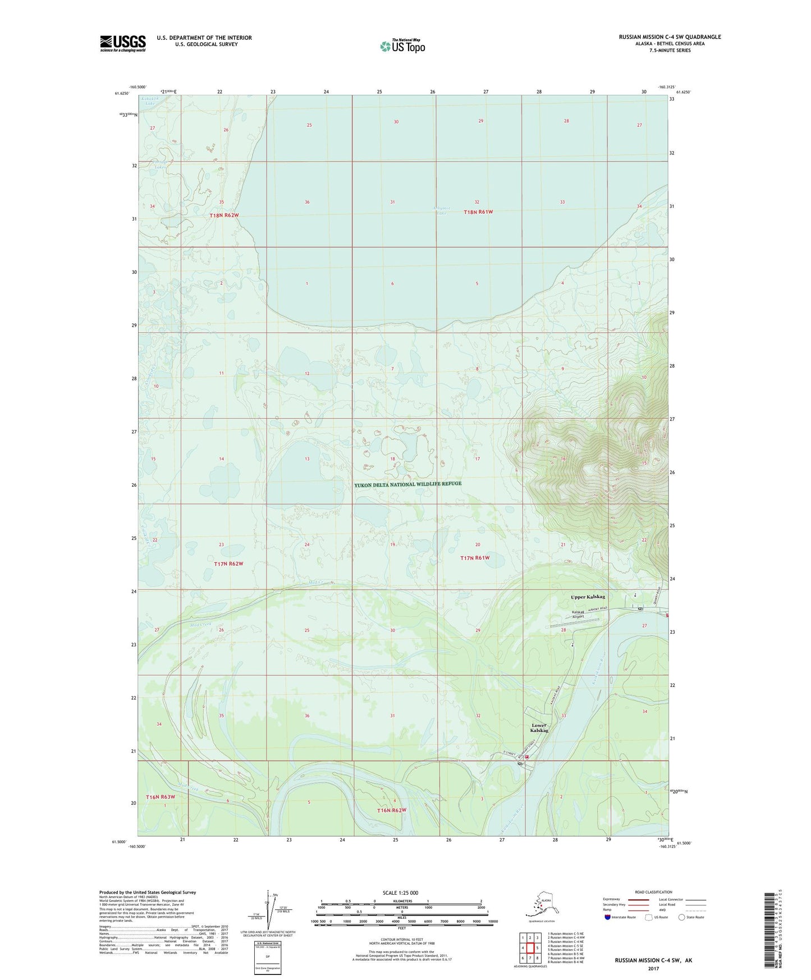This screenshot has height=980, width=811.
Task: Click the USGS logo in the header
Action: pos(122,43)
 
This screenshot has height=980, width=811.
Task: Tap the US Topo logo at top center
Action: pos(402,45)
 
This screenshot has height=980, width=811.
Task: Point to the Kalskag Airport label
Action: pos(578,614)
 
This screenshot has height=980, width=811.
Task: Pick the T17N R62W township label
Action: pos(228,563)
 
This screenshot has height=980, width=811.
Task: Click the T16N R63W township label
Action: pos(161,797)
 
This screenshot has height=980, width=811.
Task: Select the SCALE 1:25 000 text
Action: pos(401,892)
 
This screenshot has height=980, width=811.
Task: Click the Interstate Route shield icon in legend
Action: pos(608,917)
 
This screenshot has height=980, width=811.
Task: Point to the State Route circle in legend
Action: pos(682,917)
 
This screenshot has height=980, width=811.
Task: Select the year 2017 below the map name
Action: pos(653,968)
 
